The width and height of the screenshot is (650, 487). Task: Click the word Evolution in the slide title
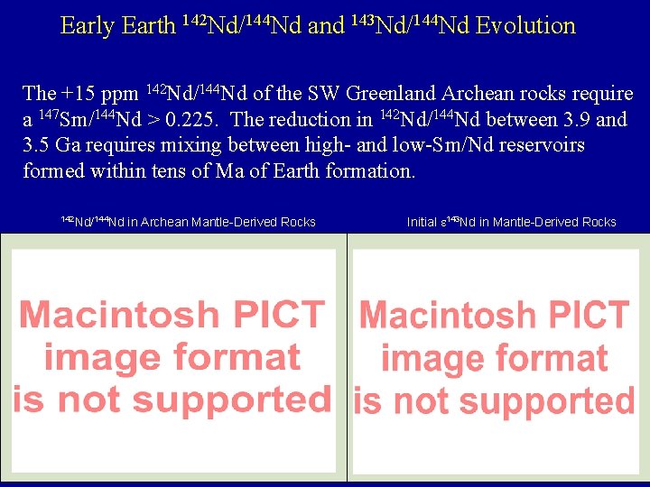(x=525, y=26)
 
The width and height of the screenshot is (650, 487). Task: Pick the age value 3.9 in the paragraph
(x=578, y=120)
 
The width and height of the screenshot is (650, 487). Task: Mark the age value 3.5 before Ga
(x=37, y=145)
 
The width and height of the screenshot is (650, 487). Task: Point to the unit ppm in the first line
(x=120, y=94)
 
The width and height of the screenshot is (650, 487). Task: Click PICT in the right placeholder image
(x=582, y=315)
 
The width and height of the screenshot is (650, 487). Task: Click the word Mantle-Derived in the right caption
(x=535, y=222)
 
